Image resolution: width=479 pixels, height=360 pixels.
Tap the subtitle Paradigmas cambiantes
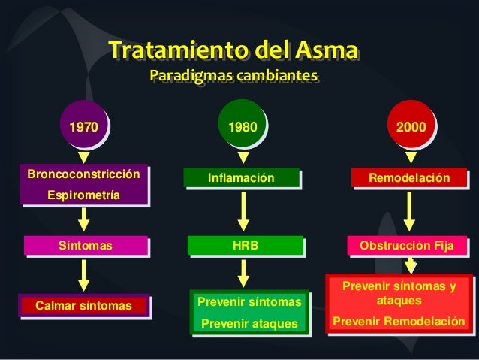tap(233, 77)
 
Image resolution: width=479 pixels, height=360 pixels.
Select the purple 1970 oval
tap(83, 128)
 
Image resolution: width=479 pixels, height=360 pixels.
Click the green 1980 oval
tap(243, 128)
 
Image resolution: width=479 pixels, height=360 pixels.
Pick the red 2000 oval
tap(411, 128)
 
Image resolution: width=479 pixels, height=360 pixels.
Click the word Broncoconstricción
tap(83, 174)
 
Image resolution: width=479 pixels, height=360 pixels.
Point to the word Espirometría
tap(83, 195)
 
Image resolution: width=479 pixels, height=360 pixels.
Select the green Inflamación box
tap(242, 178)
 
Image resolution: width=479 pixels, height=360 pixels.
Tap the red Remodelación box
tap(409, 178)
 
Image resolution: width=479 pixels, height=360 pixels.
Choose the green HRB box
tap(243, 246)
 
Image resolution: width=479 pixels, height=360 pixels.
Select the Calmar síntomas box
tap(83, 305)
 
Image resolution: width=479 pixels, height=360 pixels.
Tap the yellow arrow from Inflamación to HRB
tap(243, 210)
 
